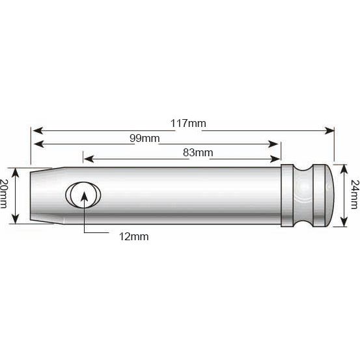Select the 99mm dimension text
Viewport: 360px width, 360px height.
[147, 139]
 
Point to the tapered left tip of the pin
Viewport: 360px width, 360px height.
[40, 188]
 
